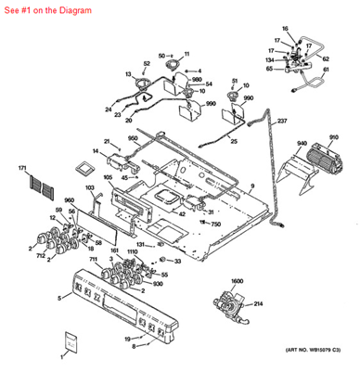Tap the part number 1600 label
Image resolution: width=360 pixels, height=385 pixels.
tap(237, 281)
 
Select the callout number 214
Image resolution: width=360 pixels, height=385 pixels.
tap(259, 303)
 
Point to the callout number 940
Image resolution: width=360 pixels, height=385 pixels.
tap(302, 144)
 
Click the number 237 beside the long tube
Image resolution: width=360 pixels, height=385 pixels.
tap(282, 122)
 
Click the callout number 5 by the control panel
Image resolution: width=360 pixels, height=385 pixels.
tap(59, 298)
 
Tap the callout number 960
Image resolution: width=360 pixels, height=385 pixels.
tap(69, 200)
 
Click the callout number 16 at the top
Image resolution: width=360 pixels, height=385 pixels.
tap(286, 29)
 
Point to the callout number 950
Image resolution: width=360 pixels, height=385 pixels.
tap(133, 137)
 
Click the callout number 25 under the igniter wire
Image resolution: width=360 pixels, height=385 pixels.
tap(234, 141)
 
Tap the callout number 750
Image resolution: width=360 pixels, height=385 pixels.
tap(215, 225)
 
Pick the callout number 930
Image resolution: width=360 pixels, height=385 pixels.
tap(158, 284)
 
